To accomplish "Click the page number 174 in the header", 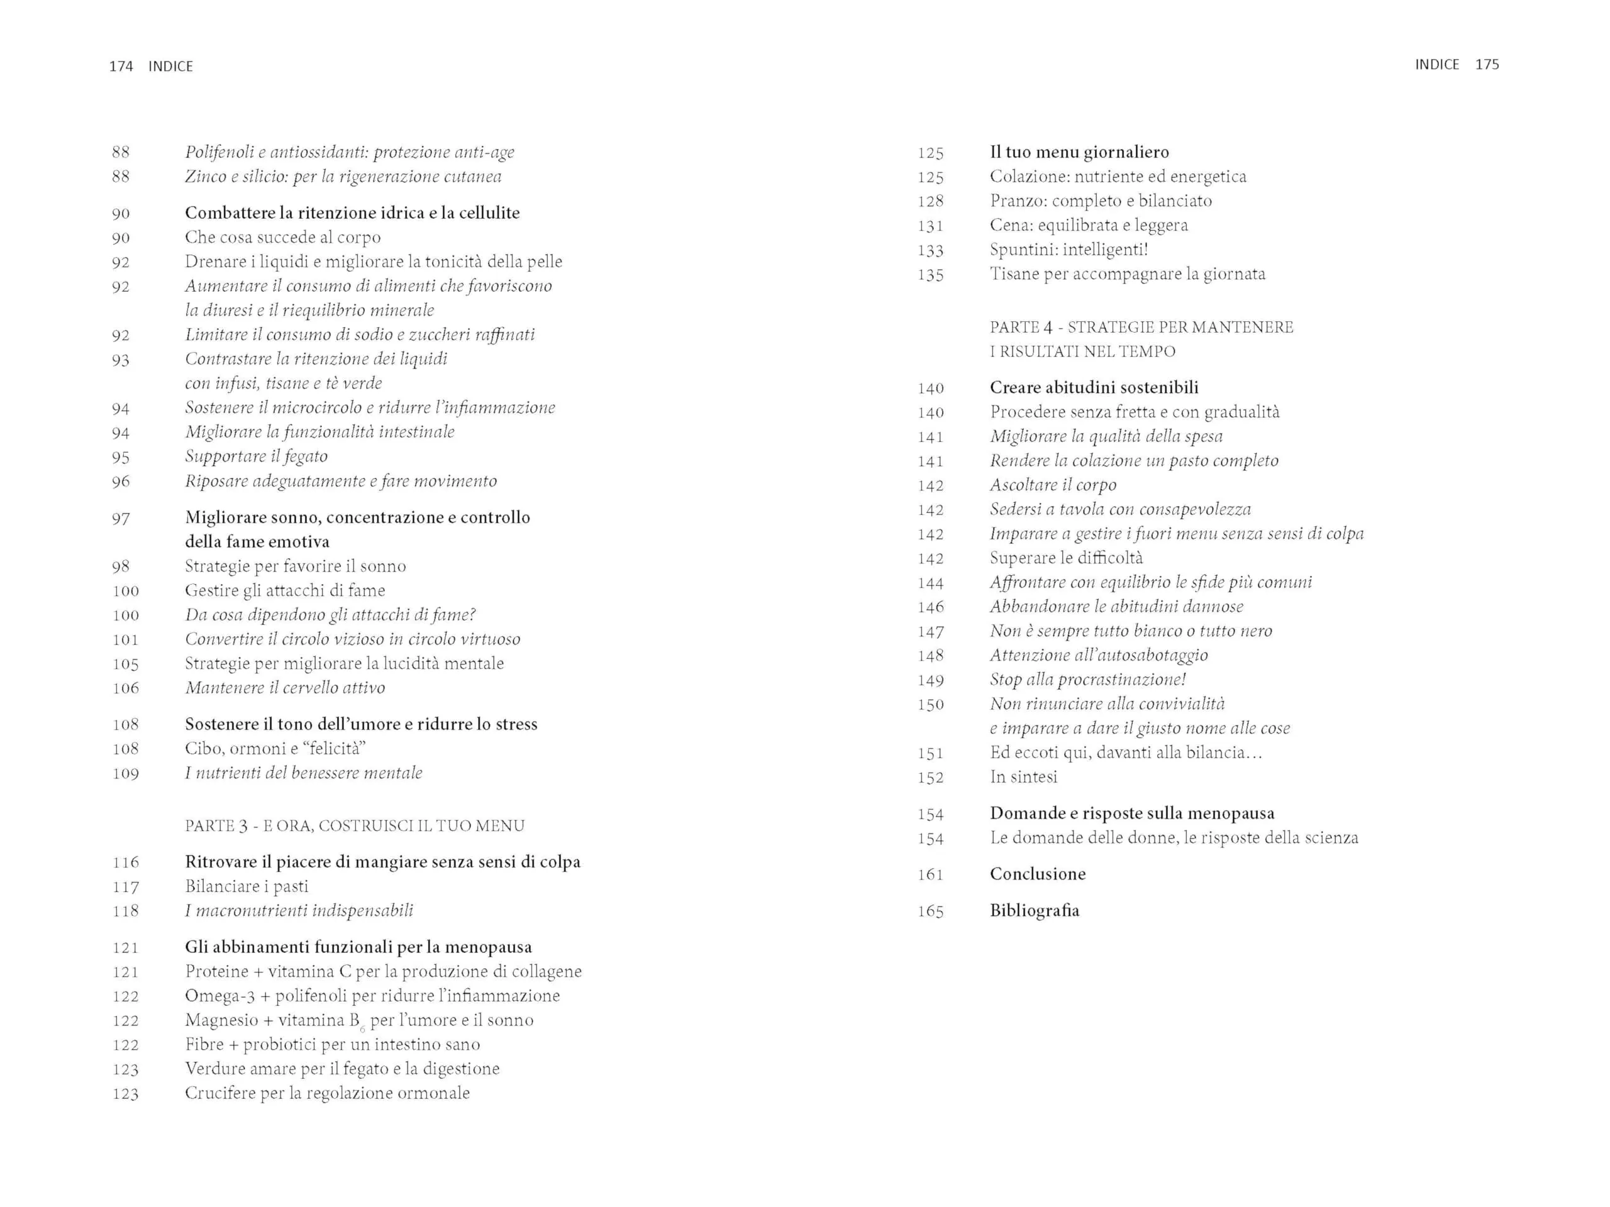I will [121, 66].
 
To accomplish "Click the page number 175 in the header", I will [1486, 65].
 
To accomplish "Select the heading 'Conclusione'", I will [1037, 874].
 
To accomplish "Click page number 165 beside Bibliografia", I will [930, 911].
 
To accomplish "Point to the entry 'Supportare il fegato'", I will [256, 456].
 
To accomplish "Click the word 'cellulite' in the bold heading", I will [489, 213].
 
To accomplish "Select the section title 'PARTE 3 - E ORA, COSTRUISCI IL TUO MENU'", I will [355, 826].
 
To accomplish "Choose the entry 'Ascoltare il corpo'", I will [1052, 485].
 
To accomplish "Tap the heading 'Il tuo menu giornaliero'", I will [1079, 152].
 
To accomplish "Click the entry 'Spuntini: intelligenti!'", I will [1069, 250].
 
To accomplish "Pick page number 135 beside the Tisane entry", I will [930, 275].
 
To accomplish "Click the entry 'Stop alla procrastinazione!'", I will [1087, 680].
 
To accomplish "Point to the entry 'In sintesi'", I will [1023, 777].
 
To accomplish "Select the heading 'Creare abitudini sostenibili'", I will [1093, 388].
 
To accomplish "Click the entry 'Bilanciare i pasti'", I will [247, 886].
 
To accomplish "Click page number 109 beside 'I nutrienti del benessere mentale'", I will [125, 773].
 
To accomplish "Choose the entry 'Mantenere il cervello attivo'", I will [285, 688].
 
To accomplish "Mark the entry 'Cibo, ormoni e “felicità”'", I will [275, 749].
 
